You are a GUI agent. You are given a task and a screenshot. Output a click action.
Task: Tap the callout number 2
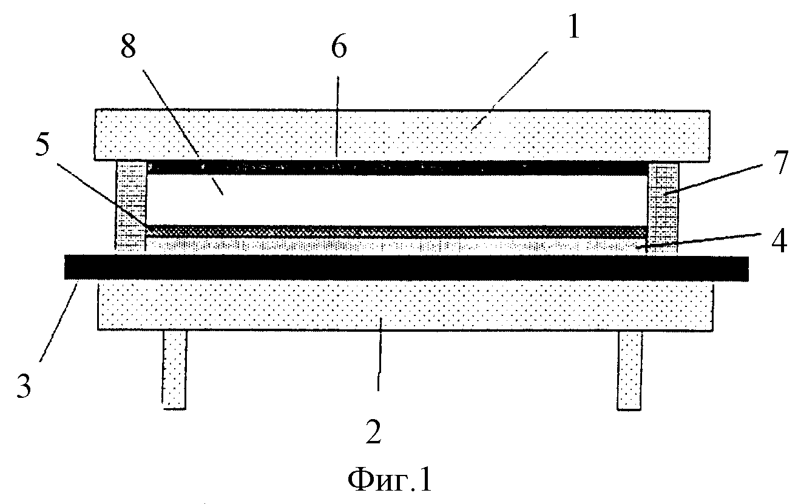pos(373,432)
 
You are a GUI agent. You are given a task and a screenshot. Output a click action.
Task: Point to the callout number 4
pos(779,241)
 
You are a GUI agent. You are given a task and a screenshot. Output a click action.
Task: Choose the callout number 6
pos(339,47)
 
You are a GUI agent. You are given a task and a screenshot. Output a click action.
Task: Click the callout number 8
pos(128,47)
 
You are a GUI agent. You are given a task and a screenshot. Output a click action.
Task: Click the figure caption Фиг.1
pos(390,480)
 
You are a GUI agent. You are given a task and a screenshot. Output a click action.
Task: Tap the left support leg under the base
pos(175,370)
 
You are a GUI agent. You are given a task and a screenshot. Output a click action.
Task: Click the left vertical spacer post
pos(130,206)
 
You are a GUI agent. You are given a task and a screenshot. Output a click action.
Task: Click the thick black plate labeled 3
pos(406,267)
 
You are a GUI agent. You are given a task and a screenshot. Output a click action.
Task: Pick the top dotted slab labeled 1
pos(402,135)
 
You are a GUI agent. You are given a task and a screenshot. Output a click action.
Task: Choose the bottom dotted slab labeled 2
pos(406,306)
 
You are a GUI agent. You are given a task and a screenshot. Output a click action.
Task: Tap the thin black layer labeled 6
pos(398,168)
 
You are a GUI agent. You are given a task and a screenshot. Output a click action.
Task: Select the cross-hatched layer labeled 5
pos(397,231)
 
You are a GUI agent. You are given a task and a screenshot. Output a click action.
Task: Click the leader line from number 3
pos(58,322)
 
